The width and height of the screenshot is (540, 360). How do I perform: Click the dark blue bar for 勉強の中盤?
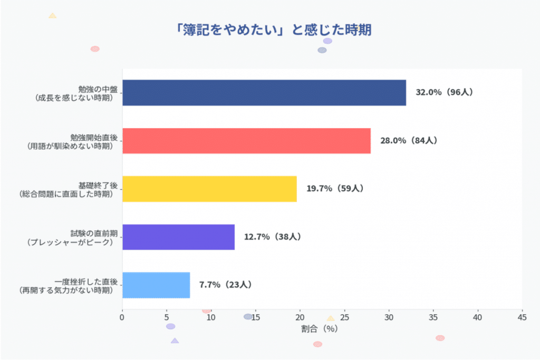point(264,93)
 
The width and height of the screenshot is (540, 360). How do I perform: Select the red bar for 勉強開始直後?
point(246,141)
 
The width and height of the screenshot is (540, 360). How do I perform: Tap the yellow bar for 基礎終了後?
point(209,189)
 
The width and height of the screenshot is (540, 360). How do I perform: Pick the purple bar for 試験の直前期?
point(178,237)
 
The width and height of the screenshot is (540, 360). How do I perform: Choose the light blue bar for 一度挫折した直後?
point(156,285)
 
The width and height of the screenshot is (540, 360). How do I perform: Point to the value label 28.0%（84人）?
point(409,141)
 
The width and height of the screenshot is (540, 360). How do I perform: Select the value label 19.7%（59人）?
point(335,189)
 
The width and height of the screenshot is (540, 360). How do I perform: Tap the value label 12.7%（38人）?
point(272,237)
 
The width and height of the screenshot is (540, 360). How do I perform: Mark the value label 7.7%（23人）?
point(225,285)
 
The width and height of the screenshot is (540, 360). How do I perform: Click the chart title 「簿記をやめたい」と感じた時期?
point(274,30)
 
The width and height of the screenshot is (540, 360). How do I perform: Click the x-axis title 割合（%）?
point(320,329)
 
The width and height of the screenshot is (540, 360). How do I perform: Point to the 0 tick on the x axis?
point(122,317)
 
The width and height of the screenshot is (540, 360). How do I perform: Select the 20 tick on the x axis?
point(300,317)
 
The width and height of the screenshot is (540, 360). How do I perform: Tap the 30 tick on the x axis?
point(389,317)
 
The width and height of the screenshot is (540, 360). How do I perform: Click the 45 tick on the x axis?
point(522,317)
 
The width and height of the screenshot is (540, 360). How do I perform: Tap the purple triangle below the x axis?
point(175,340)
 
